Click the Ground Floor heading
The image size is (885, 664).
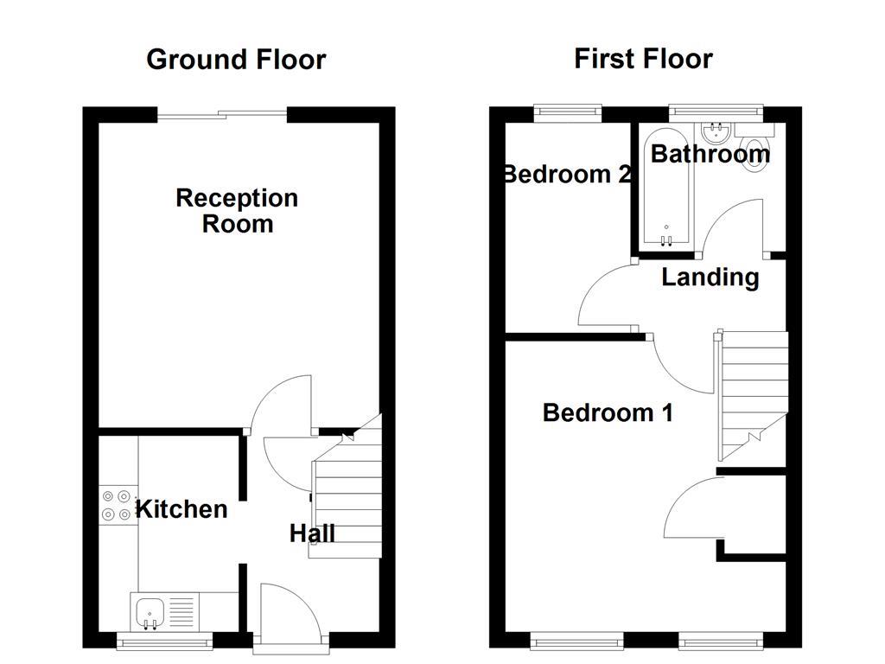(236, 60)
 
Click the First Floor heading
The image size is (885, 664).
(643, 59)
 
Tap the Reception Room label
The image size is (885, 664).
(237, 211)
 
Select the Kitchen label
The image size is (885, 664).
(182, 509)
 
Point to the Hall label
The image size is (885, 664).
(312, 533)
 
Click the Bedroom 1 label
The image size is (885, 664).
(608, 412)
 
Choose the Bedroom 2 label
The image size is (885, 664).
(567, 175)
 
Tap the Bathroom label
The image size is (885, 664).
(710, 154)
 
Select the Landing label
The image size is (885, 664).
(710, 278)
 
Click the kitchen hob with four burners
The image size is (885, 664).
(117, 506)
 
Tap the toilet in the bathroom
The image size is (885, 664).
(754, 153)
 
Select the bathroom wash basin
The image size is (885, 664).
(716, 133)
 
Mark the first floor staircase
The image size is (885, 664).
(753, 393)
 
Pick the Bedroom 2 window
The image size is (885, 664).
(567, 111)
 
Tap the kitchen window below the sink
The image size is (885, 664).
(164, 641)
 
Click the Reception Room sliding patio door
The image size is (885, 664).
(221, 112)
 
